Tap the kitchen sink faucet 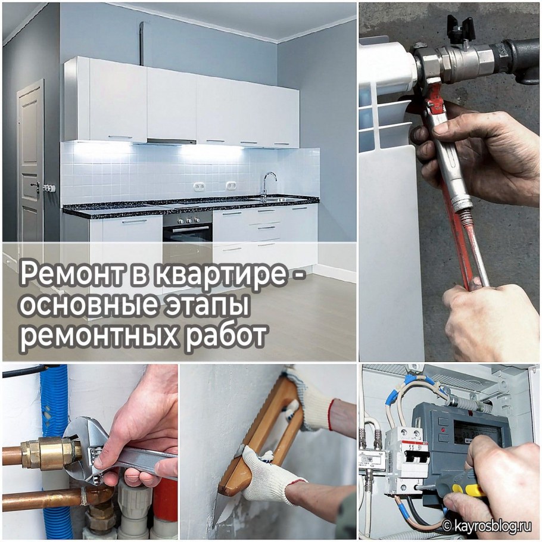[x=269, y=182]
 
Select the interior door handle [x=37, y=186]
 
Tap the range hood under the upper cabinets [x=171, y=142]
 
